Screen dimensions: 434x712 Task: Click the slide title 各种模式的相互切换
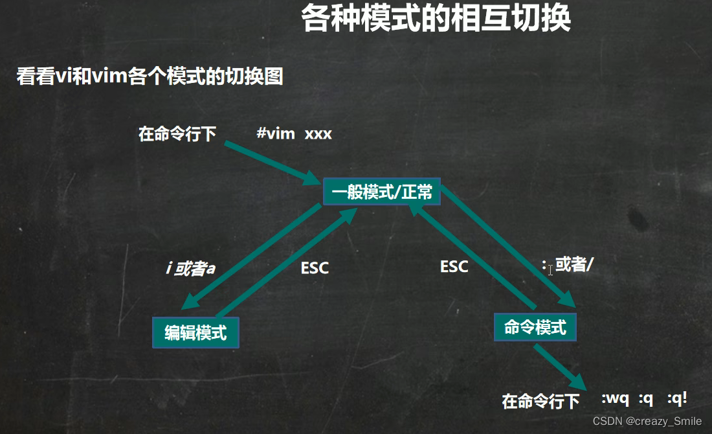tap(436, 19)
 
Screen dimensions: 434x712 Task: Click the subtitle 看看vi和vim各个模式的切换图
tap(150, 76)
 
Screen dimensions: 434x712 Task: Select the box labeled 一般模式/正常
tap(382, 192)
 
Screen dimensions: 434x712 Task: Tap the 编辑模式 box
tap(195, 333)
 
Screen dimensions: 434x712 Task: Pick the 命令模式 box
tap(535, 327)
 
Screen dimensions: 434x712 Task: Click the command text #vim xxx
tap(294, 134)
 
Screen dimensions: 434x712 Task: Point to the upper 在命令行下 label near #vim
tap(177, 134)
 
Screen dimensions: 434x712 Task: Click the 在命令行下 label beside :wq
tap(540, 402)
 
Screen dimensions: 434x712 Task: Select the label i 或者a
tap(190, 268)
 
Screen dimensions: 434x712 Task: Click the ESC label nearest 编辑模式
tap(315, 268)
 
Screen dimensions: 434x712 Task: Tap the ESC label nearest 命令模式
tap(454, 266)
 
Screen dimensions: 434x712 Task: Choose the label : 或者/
tap(567, 265)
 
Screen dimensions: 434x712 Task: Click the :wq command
tap(615, 399)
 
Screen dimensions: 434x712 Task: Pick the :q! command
tap(677, 399)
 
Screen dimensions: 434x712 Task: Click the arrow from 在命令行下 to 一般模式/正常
tap(272, 163)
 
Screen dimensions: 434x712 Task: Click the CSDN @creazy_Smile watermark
tap(647, 421)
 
